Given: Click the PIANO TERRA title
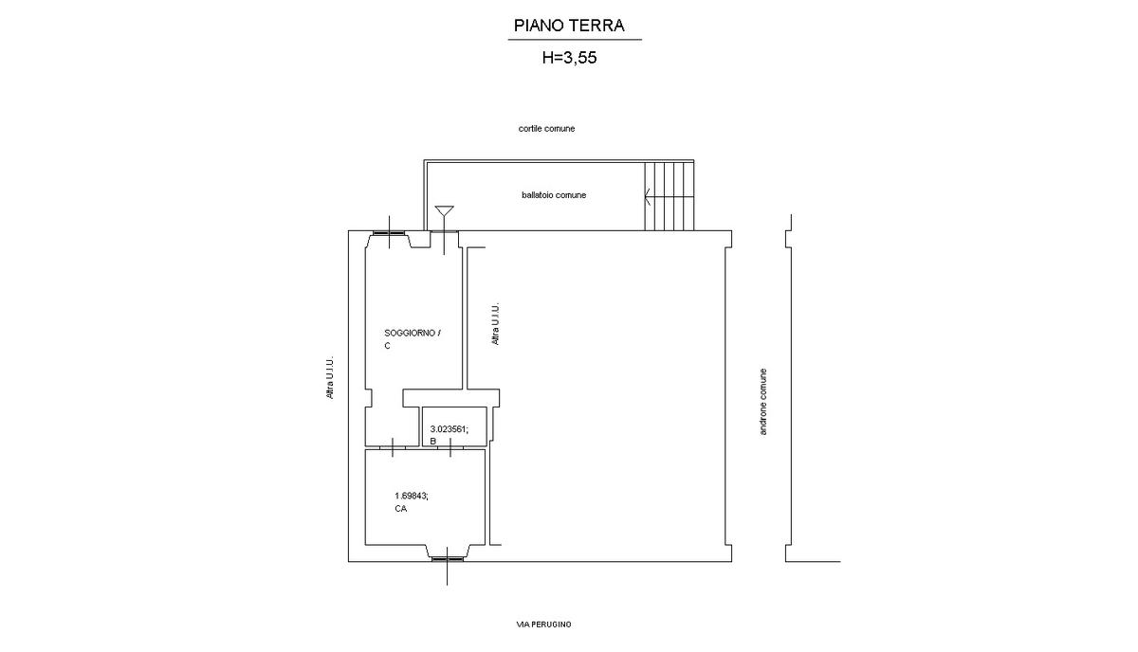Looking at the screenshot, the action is click(x=569, y=26).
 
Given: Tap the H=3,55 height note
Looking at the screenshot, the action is click(x=569, y=58).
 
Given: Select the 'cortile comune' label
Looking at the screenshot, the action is click(x=546, y=129).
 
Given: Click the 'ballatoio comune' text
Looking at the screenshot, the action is click(x=554, y=195).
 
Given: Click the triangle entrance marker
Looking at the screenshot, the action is click(x=445, y=211).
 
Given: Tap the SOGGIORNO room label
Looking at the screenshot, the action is click(x=412, y=334).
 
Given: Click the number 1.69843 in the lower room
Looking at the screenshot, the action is click(x=412, y=496).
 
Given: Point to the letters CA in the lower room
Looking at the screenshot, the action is click(x=401, y=508).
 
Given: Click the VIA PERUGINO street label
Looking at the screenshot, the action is click(x=543, y=625).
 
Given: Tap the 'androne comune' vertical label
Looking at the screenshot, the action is click(x=762, y=402).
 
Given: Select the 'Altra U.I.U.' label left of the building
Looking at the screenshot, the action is click(x=330, y=377).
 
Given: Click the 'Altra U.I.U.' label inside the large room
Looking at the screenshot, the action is click(x=495, y=324).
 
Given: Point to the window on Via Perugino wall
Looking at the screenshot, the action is click(x=448, y=559).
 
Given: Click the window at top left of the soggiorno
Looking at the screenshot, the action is click(x=389, y=233).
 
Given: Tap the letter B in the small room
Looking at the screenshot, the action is click(x=432, y=442).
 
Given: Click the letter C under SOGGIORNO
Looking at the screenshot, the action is click(x=387, y=346).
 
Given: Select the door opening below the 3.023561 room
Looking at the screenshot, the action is click(x=450, y=448).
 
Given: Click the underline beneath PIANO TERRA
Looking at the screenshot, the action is click(x=575, y=39).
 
